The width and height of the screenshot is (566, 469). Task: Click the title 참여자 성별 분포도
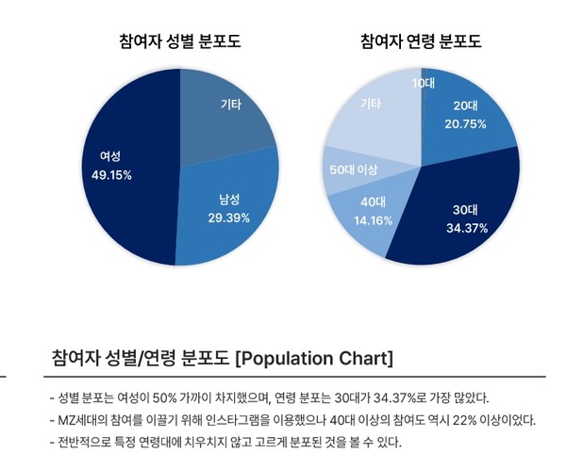(x=179, y=41)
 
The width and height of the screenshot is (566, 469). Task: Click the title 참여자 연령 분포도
(x=421, y=41)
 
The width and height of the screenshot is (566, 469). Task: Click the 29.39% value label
(x=229, y=218)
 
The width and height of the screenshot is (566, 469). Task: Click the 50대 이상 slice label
(x=353, y=170)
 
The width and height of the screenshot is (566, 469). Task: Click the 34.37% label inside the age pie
(x=465, y=228)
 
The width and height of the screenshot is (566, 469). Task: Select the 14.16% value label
(x=374, y=220)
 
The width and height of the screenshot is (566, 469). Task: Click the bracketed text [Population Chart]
(x=313, y=359)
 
